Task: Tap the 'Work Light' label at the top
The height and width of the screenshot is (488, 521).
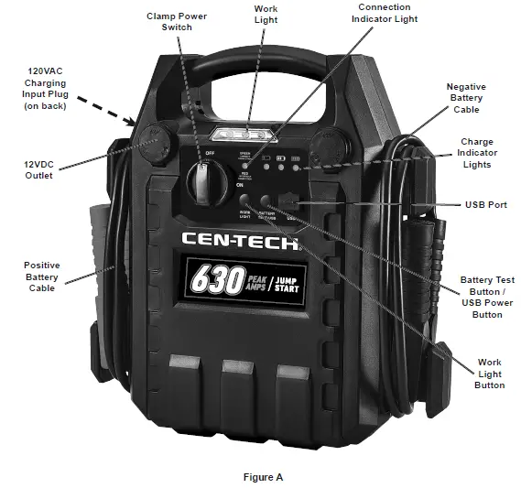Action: click(266, 16)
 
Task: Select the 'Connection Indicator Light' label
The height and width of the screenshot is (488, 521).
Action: click(384, 14)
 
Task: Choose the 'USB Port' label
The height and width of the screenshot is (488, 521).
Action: click(485, 205)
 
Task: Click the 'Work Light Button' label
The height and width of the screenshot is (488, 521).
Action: click(490, 374)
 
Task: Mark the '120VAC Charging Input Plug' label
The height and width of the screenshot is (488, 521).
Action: click(45, 88)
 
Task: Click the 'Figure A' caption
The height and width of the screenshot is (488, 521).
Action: click(263, 477)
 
